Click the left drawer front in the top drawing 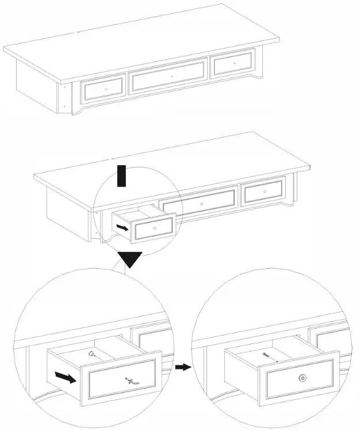pyautogui.click(x=104, y=89)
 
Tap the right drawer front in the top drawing pyautogui.click(x=233, y=63)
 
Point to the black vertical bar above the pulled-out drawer pyautogui.click(x=121, y=176)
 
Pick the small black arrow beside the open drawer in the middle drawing pyautogui.click(x=122, y=227)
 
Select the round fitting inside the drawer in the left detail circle pyautogui.click(x=90, y=354)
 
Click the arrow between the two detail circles pyautogui.click(x=183, y=367)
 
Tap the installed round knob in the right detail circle pyautogui.click(x=302, y=377)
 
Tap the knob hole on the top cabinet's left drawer pyautogui.click(x=106, y=89)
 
